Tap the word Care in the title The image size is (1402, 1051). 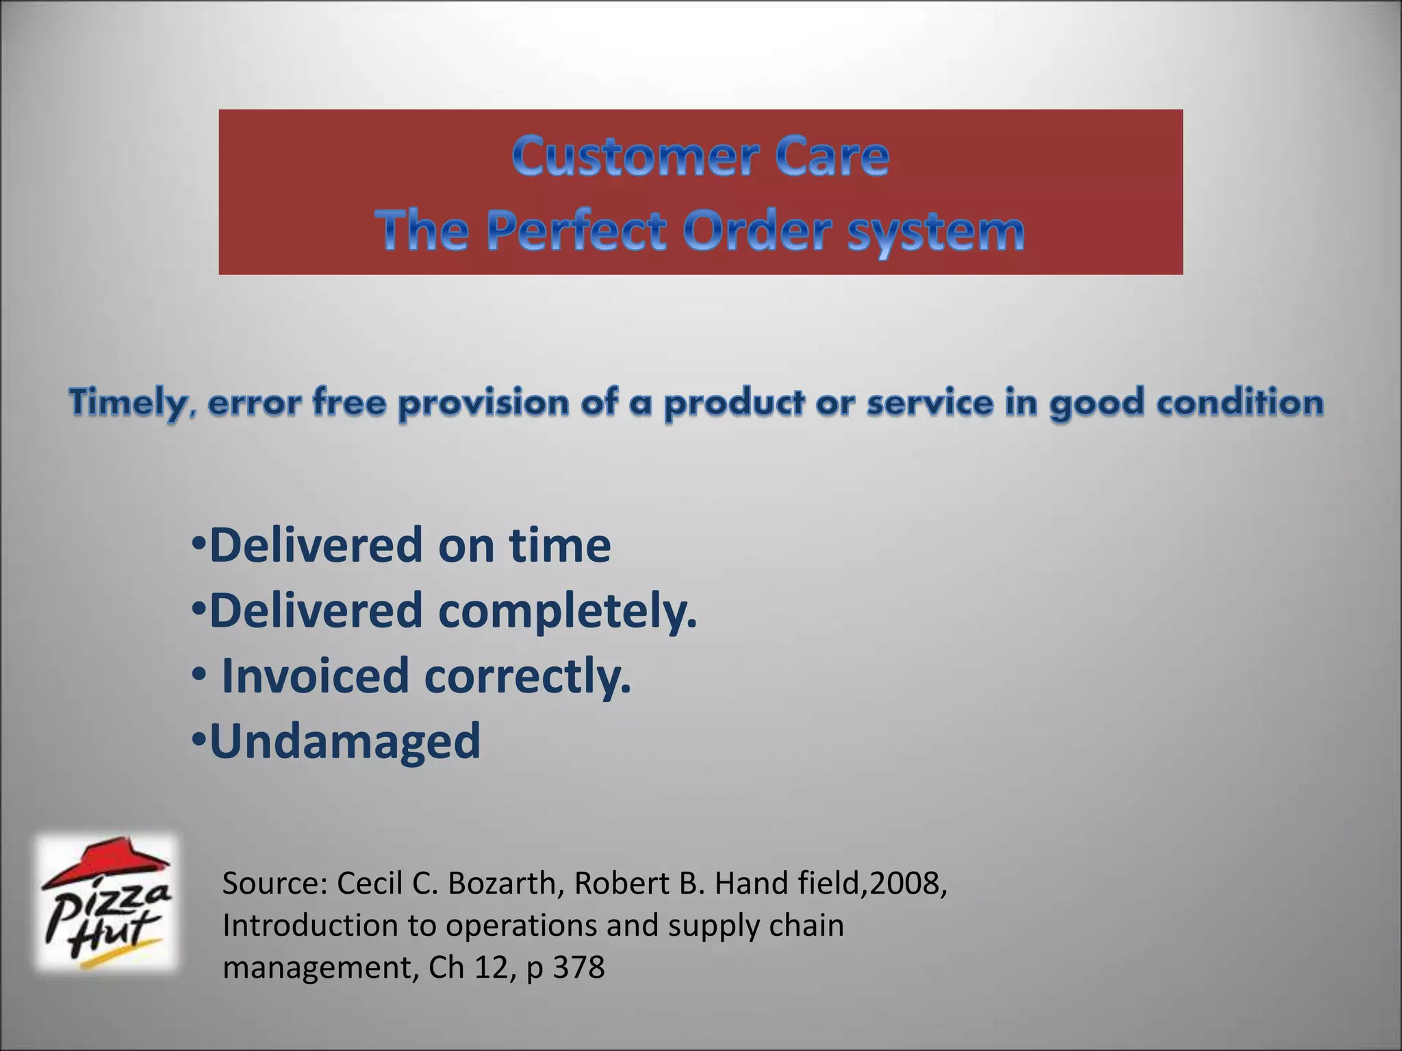click(x=831, y=157)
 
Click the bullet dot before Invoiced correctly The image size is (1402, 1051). click(x=198, y=675)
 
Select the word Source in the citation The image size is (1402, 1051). click(x=275, y=884)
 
